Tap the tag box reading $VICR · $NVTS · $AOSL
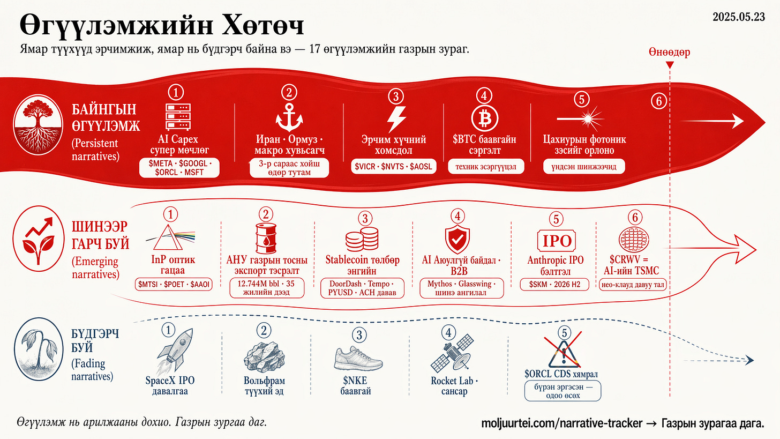click(x=394, y=167)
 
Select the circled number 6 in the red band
click(x=659, y=100)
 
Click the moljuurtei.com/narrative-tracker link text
click(x=562, y=423)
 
